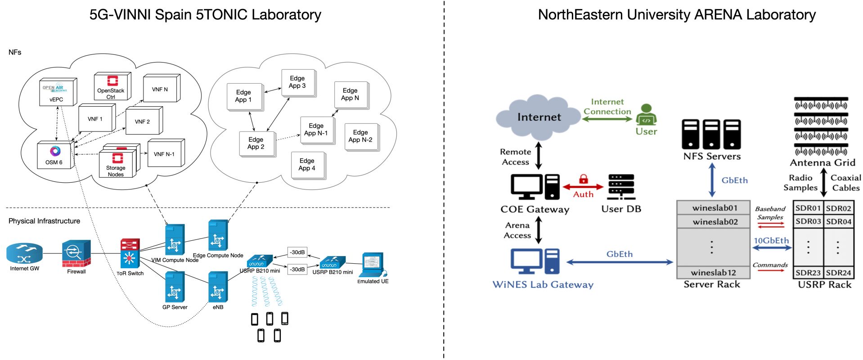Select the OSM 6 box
tap(55, 156)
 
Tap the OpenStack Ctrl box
tap(111, 87)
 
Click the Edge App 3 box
tap(297, 82)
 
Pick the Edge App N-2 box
tap(360, 136)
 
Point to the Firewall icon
tap(76, 254)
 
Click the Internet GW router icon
tap(24, 253)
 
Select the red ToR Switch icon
tap(130, 253)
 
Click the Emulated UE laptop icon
tap(373, 265)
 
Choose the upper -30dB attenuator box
tap(297, 252)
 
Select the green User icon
tap(646, 115)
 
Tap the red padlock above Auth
tap(584, 179)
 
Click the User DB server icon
tap(621, 187)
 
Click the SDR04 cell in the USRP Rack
tap(838, 221)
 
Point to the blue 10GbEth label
tap(771, 240)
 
